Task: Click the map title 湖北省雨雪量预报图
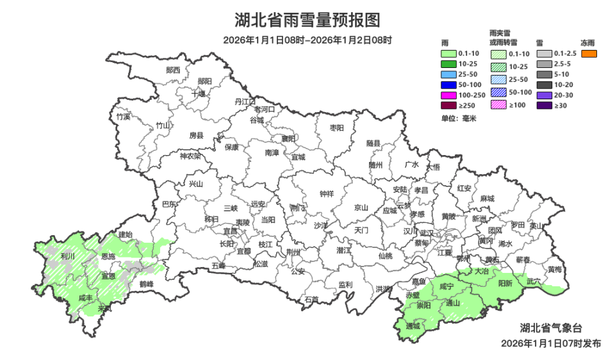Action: (x=307, y=20)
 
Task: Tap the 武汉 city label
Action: (x=427, y=233)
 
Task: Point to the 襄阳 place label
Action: (x=289, y=138)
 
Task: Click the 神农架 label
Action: (x=190, y=156)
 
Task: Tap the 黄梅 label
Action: (x=555, y=269)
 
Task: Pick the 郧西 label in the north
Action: (x=173, y=70)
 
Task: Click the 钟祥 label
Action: (x=327, y=194)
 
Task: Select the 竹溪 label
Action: (x=123, y=117)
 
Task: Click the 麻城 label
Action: (x=488, y=199)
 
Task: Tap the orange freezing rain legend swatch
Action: (x=589, y=54)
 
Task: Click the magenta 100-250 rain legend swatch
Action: (x=448, y=95)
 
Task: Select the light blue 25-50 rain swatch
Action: (x=448, y=74)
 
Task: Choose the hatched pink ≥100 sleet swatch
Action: (x=499, y=105)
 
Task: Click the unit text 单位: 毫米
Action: (x=458, y=119)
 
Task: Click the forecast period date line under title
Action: (x=307, y=40)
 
